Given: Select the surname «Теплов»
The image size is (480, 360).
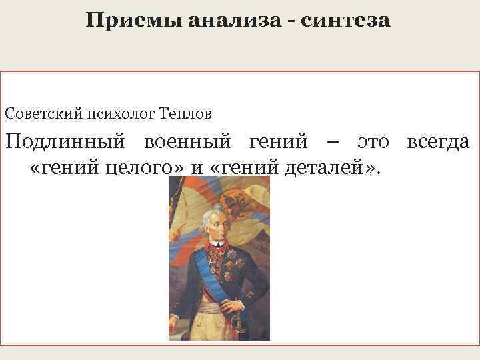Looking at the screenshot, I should coord(186,113).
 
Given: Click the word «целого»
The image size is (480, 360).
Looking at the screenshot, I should coord(147,165).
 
